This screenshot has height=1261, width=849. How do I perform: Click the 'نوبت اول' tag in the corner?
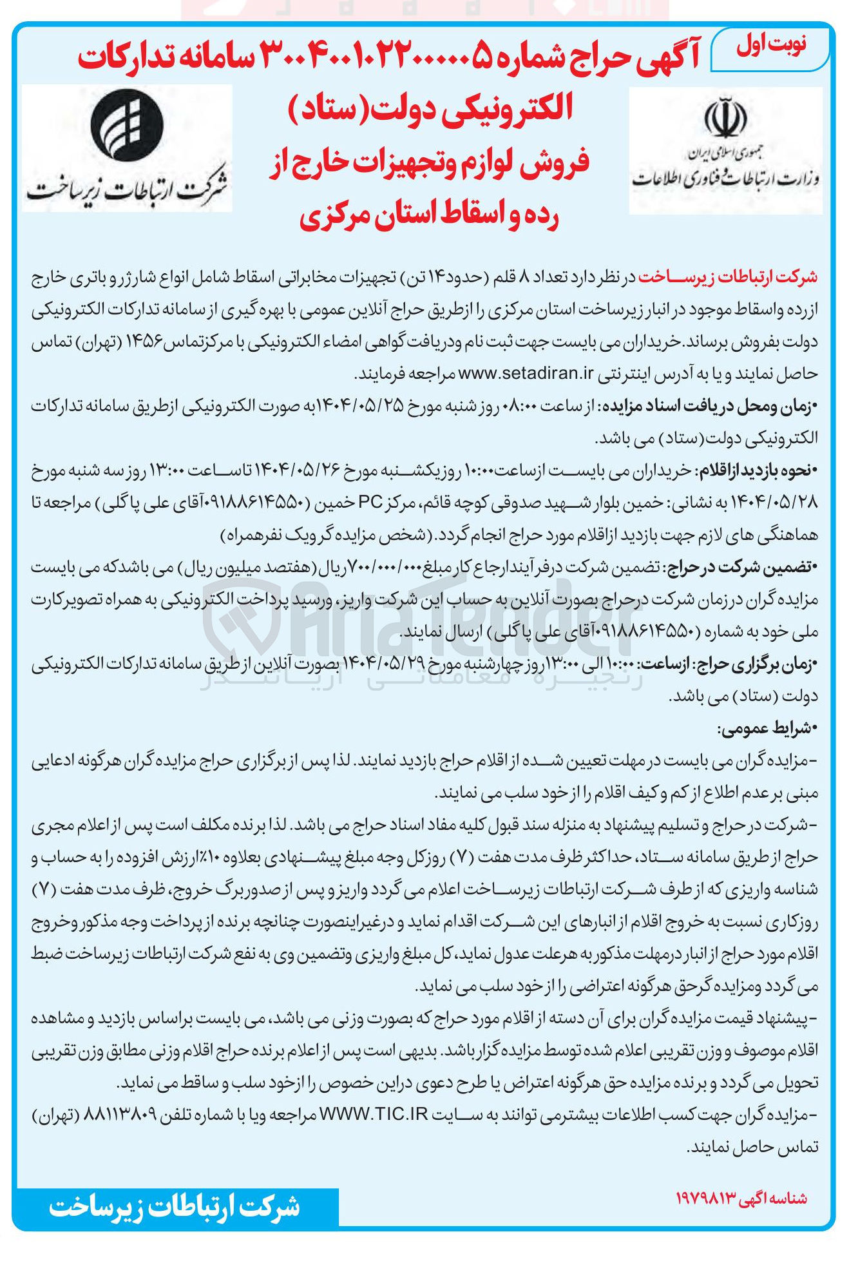770,47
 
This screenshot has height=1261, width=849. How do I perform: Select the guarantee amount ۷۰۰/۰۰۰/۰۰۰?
386,568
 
